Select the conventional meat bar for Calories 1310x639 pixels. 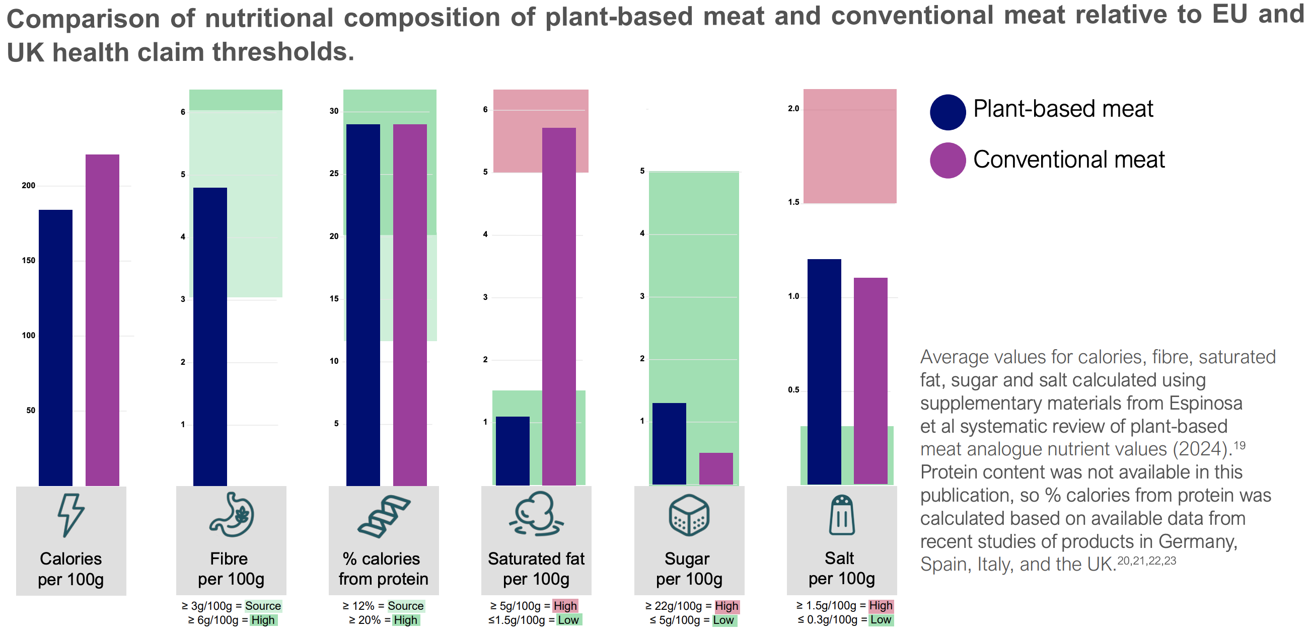[102, 320]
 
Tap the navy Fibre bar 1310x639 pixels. [210, 336]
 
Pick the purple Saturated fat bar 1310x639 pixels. [559, 306]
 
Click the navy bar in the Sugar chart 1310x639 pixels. [669, 443]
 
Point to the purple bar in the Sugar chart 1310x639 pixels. [716, 468]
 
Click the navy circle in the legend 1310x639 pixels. [948, 112]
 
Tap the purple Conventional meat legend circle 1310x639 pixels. [948, 160]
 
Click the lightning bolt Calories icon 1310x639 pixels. [70, 514]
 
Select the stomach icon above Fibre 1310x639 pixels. [232, 514]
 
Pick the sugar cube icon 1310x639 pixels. [689, 515]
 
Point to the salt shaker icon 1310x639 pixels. [842, 515]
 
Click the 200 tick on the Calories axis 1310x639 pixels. [29, 186]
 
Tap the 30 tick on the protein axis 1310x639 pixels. [334, 111]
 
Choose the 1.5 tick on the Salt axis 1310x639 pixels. [793, 202]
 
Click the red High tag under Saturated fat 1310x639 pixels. [565, 605]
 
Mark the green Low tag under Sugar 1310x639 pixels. [723, 620]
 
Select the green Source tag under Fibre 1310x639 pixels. [263, 605]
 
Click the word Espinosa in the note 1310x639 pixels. [1205, 403]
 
